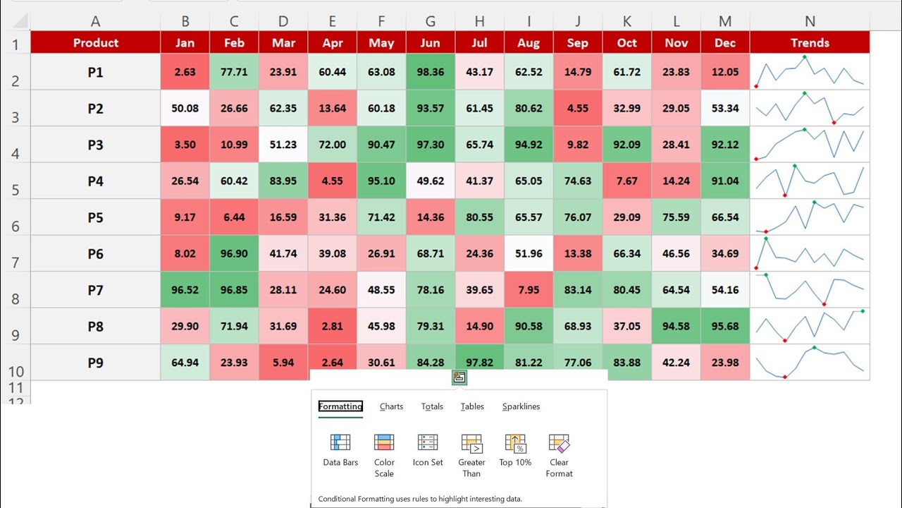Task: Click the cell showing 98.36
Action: (x=430, y=72)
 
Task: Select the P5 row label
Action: (x=96, y=217)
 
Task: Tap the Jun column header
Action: (x=430, y=43)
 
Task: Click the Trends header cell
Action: (x=810, y=43)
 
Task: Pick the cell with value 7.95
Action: (x=528, y=290)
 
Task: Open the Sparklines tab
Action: (x=521, y=406)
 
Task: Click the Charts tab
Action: (x=391, y=406)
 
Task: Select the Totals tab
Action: (x=432, y=406)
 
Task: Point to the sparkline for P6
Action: (x=810, y=254)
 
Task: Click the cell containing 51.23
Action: (x=283, y=145)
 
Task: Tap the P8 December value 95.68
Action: (x=725, y=327)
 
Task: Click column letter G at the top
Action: (x=430, y=22)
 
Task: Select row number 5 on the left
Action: (x=15, y=189)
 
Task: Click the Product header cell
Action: (x=96, y=43)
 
